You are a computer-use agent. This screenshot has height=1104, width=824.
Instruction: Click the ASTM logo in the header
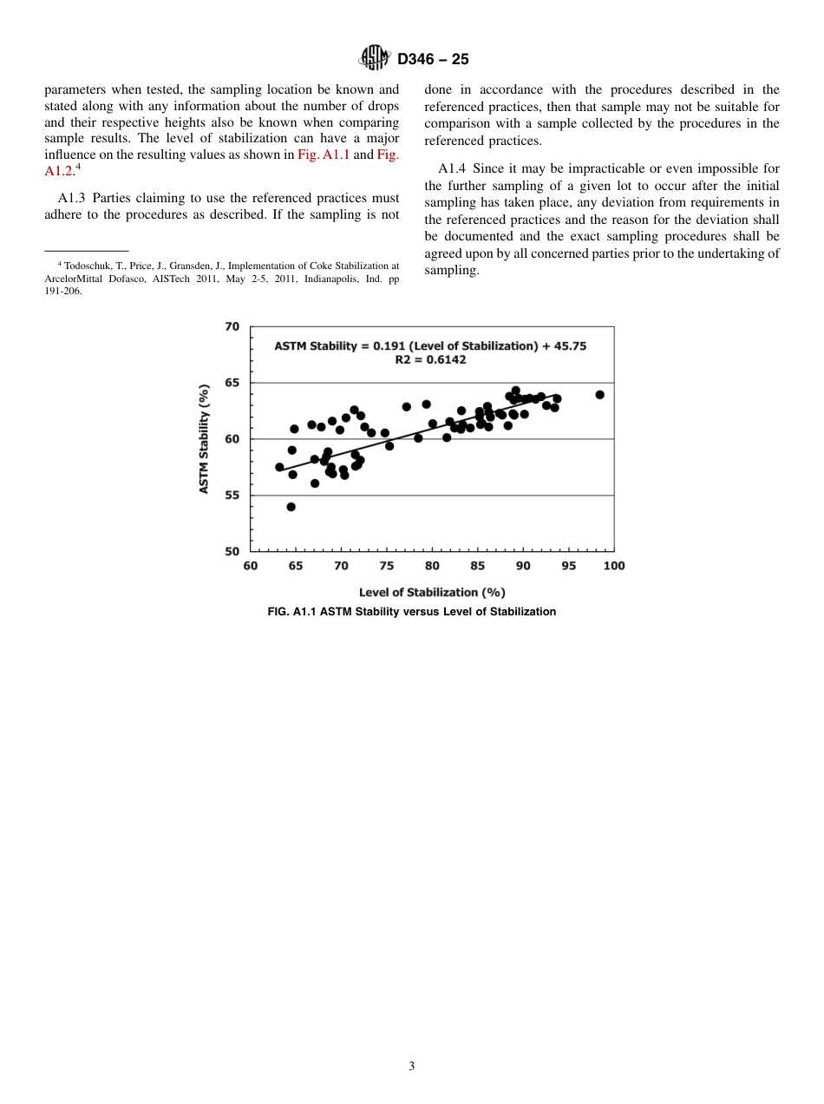(376, 59)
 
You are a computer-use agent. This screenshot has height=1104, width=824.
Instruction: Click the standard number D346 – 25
(433, 60)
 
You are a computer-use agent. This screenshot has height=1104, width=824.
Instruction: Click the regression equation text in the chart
(430, 345)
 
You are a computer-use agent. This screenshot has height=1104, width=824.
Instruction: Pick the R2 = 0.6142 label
(430, 359)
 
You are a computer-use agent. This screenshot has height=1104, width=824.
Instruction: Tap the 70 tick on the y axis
(232, 327)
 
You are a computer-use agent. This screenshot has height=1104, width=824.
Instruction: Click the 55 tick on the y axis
(232, 496)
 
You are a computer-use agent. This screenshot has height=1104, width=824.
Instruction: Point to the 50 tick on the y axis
(232, 551)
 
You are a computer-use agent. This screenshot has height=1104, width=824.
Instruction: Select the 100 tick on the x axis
(613, 566)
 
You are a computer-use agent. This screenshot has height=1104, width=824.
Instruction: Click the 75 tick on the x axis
(387, 566)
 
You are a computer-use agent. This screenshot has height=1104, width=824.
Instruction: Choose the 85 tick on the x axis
(478, 566)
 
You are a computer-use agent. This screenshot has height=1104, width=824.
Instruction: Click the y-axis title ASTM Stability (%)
(205, 439)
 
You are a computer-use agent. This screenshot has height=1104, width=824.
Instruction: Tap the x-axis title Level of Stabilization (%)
(431, 592)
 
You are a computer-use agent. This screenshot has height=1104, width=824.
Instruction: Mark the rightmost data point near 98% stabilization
(599, 395)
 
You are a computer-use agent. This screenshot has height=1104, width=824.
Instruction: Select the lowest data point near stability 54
(291, 507)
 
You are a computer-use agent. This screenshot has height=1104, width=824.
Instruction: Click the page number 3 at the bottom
(412, 1067)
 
